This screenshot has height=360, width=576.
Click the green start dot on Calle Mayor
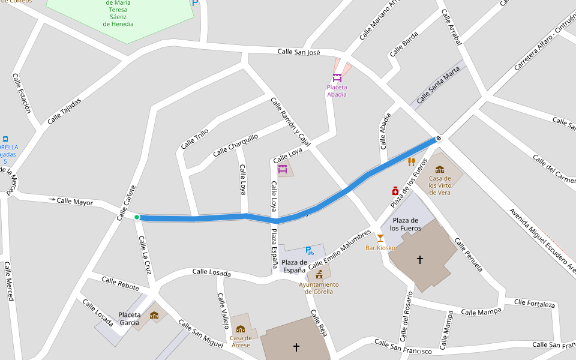pos(137,217)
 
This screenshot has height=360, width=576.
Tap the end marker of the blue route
pos(439,139)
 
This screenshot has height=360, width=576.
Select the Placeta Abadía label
pos(337,91)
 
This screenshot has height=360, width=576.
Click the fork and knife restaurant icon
pos(411,162)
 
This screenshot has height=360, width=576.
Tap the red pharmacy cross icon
pos(395,191)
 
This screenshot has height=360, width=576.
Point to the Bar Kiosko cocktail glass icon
pos(380,238)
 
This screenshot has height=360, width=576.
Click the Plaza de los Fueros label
pos(405,224)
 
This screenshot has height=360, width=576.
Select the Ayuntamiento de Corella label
pos(319,288)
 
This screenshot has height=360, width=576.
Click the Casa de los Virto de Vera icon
pos(439,169)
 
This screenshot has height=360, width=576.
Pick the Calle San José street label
pos(299,52)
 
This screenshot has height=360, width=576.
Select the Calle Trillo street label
pos(194,139)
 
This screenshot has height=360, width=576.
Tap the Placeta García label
pos(129,319)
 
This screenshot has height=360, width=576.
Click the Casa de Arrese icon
pos(241,329)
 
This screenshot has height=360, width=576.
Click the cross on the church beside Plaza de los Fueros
pos(420,260)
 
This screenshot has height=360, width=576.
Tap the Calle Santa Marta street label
pos(438,84)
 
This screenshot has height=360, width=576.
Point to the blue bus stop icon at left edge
pos(5,139)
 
